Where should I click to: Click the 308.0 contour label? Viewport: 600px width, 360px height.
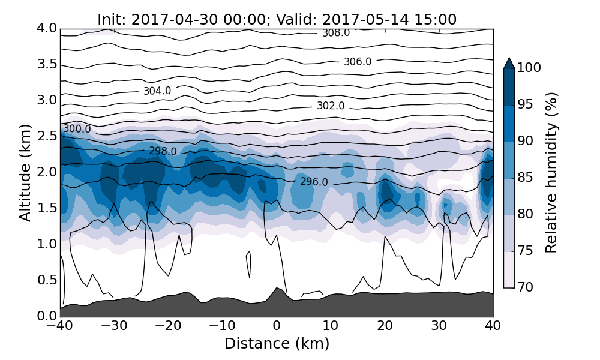(x=336, y=33)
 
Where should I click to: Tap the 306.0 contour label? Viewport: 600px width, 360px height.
(x=358, y=62)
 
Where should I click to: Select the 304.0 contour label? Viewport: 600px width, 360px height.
(x=157, y=91)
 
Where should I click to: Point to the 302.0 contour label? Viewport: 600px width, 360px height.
(x=331, y=106)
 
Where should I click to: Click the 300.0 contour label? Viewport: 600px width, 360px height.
(x=77, y=129)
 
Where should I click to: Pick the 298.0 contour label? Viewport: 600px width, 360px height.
(x=163, y=152)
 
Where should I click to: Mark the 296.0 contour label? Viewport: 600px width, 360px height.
(x=314, y=182)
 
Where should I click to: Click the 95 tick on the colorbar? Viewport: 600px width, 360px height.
(x=526, y=105)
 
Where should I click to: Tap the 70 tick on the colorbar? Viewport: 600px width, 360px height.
(x=526, y=287)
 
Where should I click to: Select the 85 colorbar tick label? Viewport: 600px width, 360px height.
(x=526, y=178)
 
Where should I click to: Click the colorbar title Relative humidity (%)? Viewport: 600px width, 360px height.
(x=552, y=173)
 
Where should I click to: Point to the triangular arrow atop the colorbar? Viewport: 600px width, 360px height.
(x=509, y=63)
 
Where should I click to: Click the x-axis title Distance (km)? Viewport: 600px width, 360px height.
(x=277, y=344)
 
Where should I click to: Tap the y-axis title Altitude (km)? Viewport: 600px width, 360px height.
(x=25, y=173)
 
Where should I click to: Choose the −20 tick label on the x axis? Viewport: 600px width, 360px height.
(x=168, y=327)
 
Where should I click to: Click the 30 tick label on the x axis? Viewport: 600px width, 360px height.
(x=439, y=327)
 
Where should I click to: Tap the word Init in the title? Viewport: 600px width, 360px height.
(x=110, y=19)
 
